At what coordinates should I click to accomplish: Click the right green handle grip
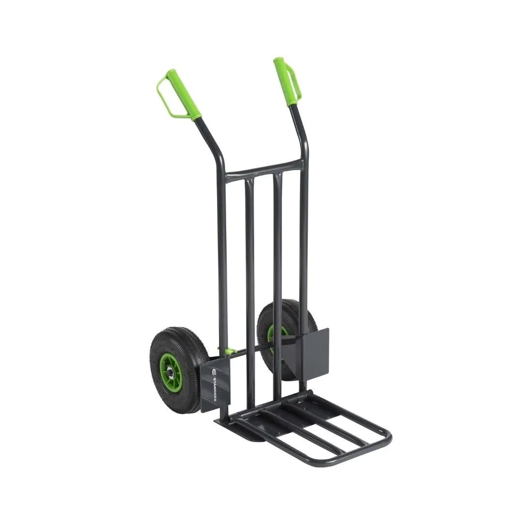(x=286, y=82)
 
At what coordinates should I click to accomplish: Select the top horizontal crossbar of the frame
(x=264, y=167)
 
